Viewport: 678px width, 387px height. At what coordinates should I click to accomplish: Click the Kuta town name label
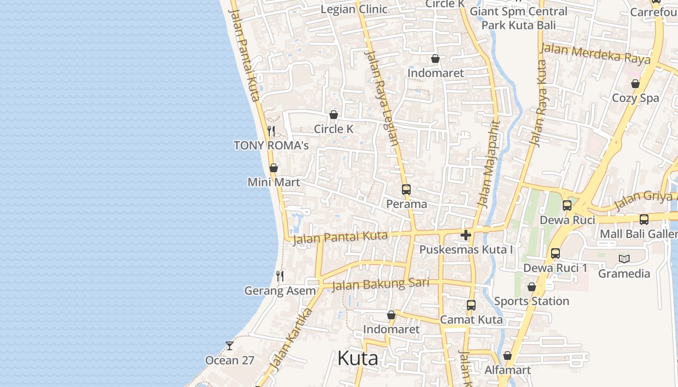coord(357,358)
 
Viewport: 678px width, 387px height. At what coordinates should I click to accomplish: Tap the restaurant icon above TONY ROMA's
coord(271,131)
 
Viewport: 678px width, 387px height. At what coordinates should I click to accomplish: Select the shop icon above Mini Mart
coord(274,168)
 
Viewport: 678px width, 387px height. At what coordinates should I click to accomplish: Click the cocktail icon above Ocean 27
coord(230,346)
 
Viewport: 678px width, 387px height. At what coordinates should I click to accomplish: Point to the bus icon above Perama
coord(406,189)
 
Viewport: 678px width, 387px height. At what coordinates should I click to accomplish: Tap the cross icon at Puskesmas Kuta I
coord(466,236)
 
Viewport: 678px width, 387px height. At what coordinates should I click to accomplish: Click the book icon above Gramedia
coord(624,259)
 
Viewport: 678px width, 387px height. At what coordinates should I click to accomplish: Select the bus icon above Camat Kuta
coord(471,305)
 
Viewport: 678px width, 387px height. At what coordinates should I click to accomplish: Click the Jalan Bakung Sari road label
coord(380,284)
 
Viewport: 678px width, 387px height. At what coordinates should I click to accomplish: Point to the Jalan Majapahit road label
coord(489,164)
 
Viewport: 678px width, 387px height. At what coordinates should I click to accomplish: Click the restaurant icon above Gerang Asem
coord(280,276)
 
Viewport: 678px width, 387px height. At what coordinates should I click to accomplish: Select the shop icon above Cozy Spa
coord(635,84)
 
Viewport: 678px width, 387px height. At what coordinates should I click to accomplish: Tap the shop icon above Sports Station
coord(532,287)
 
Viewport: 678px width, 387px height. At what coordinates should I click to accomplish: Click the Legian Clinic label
coord(354,9)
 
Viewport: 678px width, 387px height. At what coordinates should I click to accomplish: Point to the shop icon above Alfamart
coord(508,356)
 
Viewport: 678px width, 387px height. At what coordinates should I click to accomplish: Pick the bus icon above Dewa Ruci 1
coord(555,253)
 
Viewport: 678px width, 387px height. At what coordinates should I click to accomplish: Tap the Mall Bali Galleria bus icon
coord(644,220)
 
